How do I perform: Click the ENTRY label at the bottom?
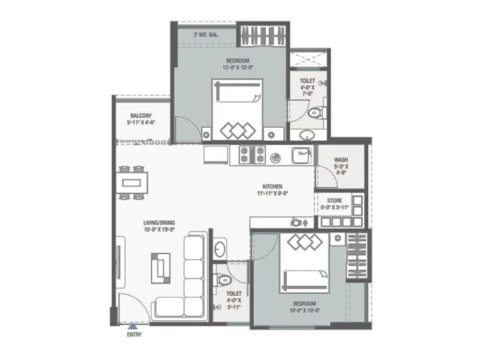pos(134,335)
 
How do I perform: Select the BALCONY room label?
pos(141,115)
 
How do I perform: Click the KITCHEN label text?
pos(272,187)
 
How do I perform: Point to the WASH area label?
pos(341,160)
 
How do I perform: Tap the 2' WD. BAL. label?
pos(206,35)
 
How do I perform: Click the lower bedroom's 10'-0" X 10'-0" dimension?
pos(304,311)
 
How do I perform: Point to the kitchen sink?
pos(302,155)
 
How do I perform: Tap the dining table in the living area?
pos(131,182)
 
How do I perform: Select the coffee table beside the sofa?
pos(160,267)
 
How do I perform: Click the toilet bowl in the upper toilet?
pos(314,112)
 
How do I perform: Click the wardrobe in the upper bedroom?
pos(262,35)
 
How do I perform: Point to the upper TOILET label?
pos(308,80)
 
